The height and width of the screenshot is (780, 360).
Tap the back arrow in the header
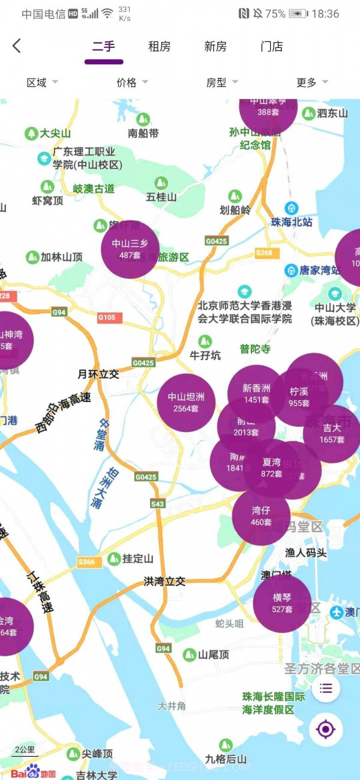[17, 46]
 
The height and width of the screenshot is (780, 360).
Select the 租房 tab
[160, 47]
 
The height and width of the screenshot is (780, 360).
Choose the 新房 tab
[215, 47]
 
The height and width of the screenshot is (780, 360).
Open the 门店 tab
[272, 47]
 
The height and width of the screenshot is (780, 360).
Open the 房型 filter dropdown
[222, 83]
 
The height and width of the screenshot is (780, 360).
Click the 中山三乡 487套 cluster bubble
[130, 249]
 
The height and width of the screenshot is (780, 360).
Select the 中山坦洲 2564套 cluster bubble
[186, 403]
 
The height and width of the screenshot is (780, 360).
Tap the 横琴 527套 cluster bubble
[282, 603]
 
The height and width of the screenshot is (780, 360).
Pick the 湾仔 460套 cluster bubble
[261, 517]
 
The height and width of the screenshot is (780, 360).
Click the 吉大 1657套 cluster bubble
[332, 434]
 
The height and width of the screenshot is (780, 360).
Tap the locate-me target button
[326, 730]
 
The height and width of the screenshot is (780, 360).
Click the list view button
[326, 688]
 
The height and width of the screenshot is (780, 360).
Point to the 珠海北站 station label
[292, 221]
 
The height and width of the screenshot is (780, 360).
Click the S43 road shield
[158, 504]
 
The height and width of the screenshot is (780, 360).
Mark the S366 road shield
[86, 562]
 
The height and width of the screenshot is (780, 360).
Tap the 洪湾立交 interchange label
[164, 581]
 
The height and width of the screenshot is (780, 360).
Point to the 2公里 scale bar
[25, 750]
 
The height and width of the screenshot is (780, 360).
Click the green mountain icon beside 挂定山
[114, 559]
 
